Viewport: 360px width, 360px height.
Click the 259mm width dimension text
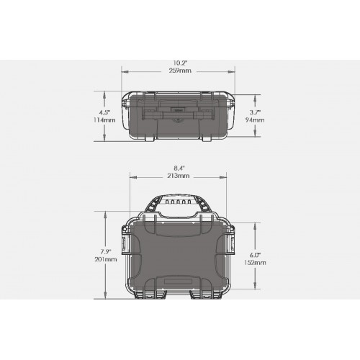coord(180,71)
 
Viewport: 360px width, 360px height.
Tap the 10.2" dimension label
coord(180,63)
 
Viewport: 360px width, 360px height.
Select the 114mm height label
coord(104,120)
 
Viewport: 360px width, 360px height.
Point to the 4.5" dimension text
coord(105,112)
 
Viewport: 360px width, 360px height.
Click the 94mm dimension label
coord(255,120)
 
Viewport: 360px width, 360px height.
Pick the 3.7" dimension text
coord(255,112)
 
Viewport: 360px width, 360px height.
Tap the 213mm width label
coord(179,176)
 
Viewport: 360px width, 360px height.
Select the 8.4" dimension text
coord(179,168)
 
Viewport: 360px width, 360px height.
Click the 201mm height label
coord(106,259)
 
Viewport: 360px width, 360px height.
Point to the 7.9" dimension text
coord(106,251)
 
